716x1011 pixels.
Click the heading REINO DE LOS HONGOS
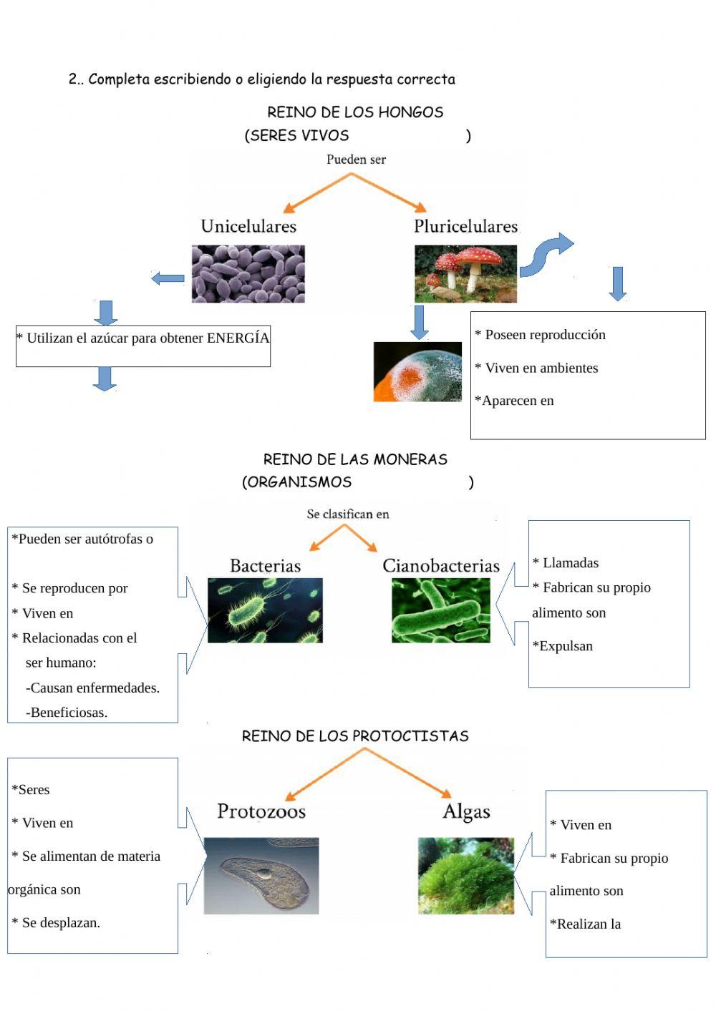click(355, 112)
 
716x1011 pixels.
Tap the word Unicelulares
click(248, 226)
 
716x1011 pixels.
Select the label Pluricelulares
click(465, 226)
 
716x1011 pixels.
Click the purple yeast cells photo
click(248, 274)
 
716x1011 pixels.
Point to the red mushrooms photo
click(465, 274)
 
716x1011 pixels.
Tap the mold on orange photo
click(417, 372)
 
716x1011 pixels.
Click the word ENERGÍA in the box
click(238, 338)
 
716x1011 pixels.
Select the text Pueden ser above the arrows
click(356, 160)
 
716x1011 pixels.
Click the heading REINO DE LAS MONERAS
click(355, 459)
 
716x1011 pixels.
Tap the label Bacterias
click(265, 566)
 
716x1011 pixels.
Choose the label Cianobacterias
click(441, 566)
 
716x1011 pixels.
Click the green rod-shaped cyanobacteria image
click(441, 610)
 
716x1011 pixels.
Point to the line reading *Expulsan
click(563, 646)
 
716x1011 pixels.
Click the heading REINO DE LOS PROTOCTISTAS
click(355, 736)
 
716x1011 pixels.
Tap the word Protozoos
click(261, 811)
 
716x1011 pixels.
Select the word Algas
click(466, 811)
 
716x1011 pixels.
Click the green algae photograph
click(466, 876)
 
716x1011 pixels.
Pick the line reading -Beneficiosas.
click(67, 713)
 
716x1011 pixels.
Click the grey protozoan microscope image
click(261, 876)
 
